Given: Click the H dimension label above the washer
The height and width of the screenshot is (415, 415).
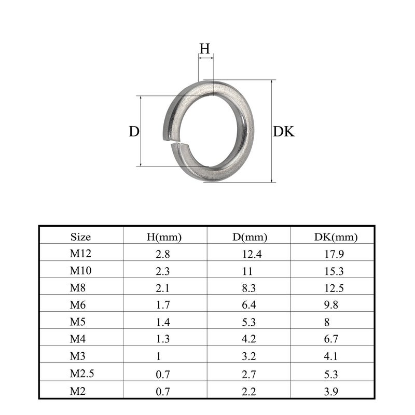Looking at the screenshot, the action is point(204,48).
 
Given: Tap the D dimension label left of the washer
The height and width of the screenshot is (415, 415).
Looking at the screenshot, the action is point(134,131).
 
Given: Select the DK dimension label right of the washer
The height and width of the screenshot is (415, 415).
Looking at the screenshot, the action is point(283,131).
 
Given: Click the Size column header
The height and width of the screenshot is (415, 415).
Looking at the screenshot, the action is point(80,237).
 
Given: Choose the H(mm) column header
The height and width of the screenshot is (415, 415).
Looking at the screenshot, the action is point(164,237).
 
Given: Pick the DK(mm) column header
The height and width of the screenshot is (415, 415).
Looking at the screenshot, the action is point(336,237).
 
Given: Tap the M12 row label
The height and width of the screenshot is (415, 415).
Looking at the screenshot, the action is point(80,253).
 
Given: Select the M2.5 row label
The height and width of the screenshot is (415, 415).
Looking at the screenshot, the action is point(82,374).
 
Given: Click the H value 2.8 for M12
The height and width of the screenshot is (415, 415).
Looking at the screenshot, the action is point(162,254).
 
